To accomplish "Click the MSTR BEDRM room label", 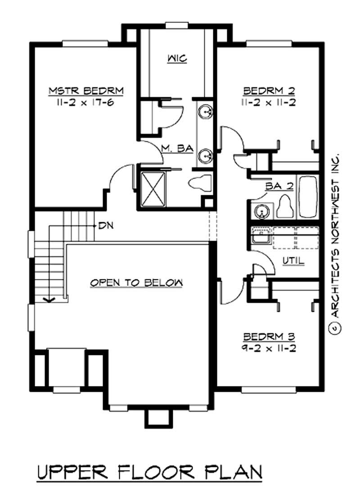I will coord(85,91).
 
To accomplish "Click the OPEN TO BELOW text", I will coord(136,283).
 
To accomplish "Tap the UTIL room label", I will coord(293,260).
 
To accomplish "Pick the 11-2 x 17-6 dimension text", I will coord(85,102).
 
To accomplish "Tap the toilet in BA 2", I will coord(285,207).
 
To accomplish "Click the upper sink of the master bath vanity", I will coord(206,110).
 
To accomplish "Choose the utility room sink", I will coord(260,237).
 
